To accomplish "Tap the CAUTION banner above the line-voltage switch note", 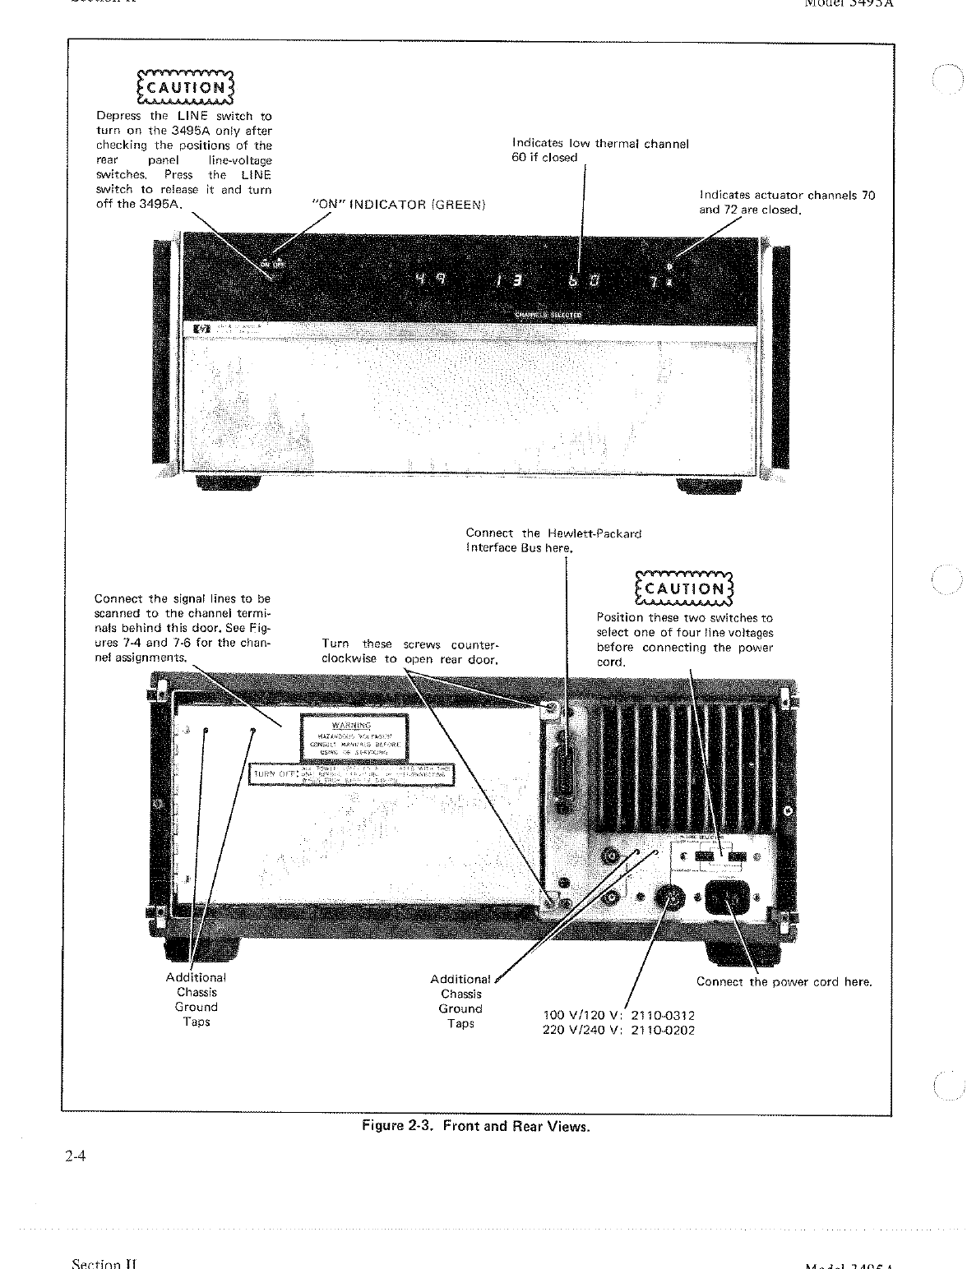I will click(x=684, y=588).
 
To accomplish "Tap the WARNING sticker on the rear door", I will click(x=352, y=737).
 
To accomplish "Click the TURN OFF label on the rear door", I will click(x=352, y=773).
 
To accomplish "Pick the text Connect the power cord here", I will click(x=784, y=981).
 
